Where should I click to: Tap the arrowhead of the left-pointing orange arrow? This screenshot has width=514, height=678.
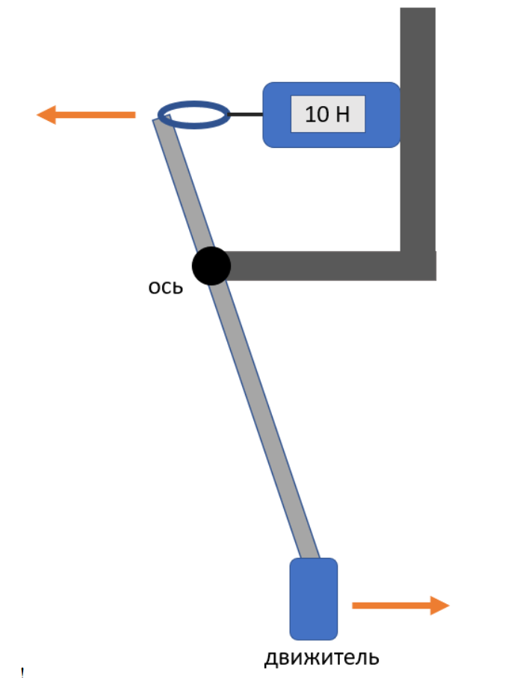(46, 115)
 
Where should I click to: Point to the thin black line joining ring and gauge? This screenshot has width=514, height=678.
(245, 115)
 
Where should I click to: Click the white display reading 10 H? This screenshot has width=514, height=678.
(328, 114)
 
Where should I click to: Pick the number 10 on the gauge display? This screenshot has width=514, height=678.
(315, 114)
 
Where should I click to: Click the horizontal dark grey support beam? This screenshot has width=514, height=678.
(314, 266)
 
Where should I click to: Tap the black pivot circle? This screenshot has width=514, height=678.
(211, 266)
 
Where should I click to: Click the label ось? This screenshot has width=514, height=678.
(165, 287)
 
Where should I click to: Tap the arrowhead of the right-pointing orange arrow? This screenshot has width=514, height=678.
(440, 606)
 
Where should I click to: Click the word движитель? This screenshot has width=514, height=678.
(322, 659)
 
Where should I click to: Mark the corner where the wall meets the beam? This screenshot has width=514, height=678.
(418, 266)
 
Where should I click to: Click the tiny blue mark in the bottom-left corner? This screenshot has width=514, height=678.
(22, 672)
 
